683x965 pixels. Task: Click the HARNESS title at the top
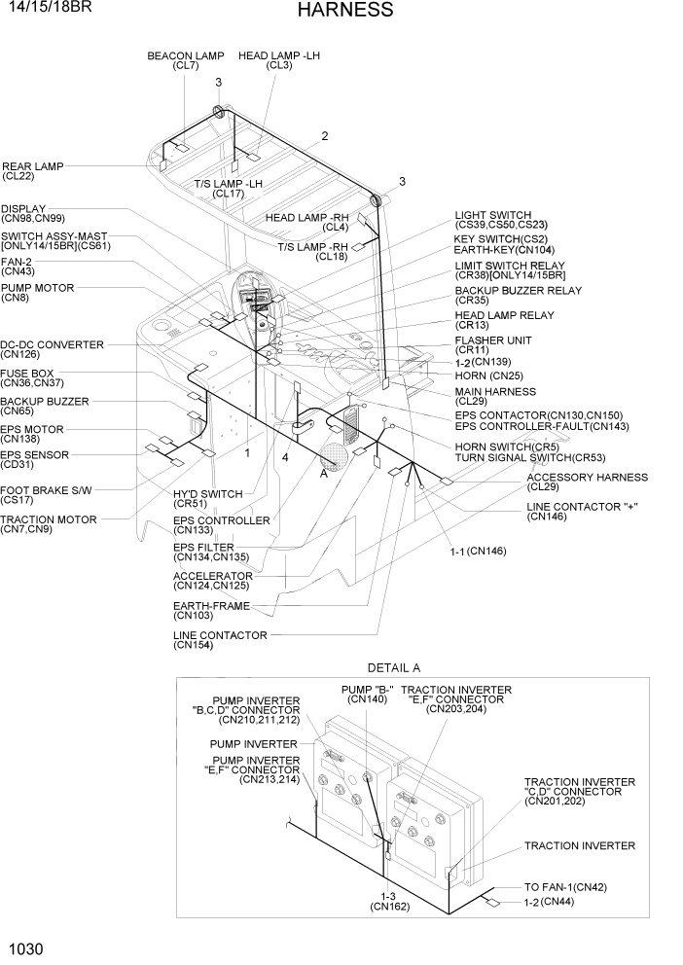pyautogui.click(x=345, y=11)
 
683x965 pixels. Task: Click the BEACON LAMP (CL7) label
pyautogui.click(x=185, y=61)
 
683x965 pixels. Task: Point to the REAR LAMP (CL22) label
pyautogui.click(x=32, y=171)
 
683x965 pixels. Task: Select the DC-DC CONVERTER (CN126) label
pyautogui.click(x=51, y=349)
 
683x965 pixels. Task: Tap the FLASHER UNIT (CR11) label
pyautogui.click(x=492, y=345)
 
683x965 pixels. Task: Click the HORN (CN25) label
pyautogui.click(x=488, y=375)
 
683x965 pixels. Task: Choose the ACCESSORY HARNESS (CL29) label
pyautogui.click(x=587, y=482)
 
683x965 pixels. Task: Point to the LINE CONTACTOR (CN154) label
pyautogui.click(x=219, y=640)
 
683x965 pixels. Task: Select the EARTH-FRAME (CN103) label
pyautogui.click(x=210, y=611)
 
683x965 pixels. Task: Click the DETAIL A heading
pyautogui.click(x=393, y=667)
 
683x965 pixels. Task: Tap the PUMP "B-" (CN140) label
pyautogui.click(x=367, y=695)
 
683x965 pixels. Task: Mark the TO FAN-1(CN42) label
pyautogui.click(x=565, y=887)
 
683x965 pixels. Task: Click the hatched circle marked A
pyautogui.click(x=334, y=454)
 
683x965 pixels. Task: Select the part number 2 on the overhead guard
pyautogui.click(x=325, y=136)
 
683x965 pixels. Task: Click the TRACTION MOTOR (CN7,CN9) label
pyautogui.click(x=48, y=524)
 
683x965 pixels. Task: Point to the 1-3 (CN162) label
pyautogui.click(x=389, y=901)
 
